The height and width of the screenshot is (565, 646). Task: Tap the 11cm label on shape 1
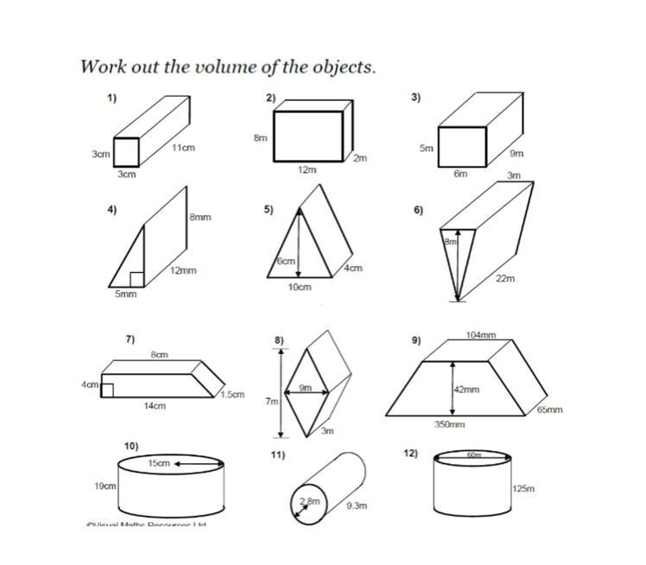click(x=183, y=148)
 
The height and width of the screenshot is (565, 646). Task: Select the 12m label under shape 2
click(x=307, y=170)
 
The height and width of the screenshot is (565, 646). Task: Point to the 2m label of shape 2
click(x=360, y=158)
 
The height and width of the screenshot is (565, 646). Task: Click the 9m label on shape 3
click(x=516, y=154)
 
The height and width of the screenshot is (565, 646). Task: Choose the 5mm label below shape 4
click(x=126, y=295)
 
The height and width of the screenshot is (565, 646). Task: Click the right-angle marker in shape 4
click(x=136, y=278)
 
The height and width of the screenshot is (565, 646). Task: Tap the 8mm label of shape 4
click(x=200, y=218)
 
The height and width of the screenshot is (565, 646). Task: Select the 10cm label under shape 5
click(x=300, y=287)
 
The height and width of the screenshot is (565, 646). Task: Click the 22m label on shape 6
click(x=505, y=278)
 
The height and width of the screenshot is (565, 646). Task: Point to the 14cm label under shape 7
click(x=155, y=405)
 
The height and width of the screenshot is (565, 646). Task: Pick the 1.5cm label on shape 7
click(x=231, y=395)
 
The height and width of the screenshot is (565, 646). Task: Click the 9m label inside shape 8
click(x=306, y=388)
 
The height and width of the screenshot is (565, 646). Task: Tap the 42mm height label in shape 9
click(x=465, y=390)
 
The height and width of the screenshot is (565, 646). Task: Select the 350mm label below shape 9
click(x=449, y=424)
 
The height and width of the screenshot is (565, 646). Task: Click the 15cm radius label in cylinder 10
click(x=159, y=464)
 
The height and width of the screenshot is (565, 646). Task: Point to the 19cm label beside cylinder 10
click(x=105, y=486)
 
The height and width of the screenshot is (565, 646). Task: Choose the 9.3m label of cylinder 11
click(x=357, y=505)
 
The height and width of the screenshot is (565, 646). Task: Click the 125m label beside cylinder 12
click(x=523, y=489)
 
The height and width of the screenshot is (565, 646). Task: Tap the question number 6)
click(x=418, y=210)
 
